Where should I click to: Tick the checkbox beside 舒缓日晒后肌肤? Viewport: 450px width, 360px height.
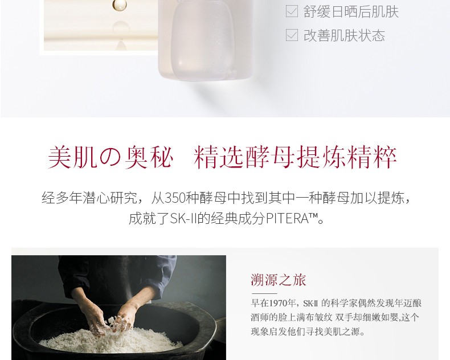[x=292, y=12]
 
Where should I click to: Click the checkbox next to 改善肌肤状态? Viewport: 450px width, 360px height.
[x=292, y=35]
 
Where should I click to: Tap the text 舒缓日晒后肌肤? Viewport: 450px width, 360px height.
[x=351, y=12]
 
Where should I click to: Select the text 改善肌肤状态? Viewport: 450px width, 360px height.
[x=344, y=35]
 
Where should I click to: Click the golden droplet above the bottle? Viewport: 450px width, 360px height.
[x=119, y=5]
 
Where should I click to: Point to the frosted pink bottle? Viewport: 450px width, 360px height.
[x=205, y=40]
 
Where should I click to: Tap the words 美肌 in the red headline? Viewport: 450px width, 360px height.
[x=72, y=157]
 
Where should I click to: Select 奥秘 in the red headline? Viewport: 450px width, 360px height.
[x=149, y=157]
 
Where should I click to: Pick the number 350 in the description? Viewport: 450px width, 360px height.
[x=175, y=198]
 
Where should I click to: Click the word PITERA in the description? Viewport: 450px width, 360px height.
[x=287, y=219]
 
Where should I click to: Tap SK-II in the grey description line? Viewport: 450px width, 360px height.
[x=183, y=219]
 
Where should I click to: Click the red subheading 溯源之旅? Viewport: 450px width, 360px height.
[x=279, y=280]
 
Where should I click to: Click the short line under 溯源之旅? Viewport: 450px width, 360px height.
[x=265, y=294]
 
